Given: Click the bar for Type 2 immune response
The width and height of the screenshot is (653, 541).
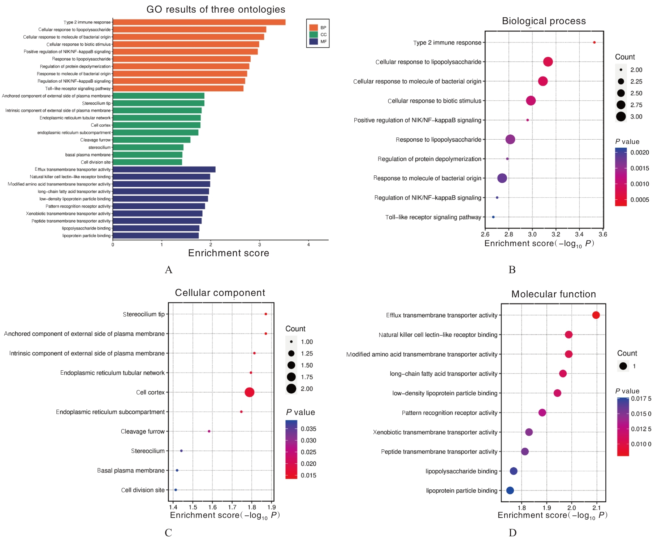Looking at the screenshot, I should click(199, 22).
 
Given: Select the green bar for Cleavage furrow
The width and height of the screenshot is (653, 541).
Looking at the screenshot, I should click(152, 140).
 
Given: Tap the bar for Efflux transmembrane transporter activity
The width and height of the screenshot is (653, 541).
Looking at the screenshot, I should click(164, 170).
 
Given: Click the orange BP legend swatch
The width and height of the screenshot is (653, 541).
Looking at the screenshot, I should click(313, 28).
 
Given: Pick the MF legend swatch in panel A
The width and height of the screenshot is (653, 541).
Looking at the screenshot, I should click(313, 42).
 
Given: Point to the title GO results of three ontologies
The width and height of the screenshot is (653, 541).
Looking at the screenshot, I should click(216, 9).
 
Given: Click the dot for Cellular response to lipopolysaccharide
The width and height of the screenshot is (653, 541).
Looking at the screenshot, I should click(548, 62).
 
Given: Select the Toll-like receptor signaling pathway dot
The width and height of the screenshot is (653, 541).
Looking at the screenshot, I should click(493, 217).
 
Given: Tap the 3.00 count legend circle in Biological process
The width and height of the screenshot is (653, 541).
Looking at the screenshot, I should click(621, 117).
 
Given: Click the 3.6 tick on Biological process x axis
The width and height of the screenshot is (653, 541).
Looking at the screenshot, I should click(603, 234).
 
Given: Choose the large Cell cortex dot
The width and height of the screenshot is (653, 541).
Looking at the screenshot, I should click(249, 392).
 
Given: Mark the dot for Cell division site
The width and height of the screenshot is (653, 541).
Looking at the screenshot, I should click(176, 490).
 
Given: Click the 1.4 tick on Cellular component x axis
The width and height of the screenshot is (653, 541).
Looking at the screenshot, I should click(173, 507).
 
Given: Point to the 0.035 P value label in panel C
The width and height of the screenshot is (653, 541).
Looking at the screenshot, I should click(308, 429).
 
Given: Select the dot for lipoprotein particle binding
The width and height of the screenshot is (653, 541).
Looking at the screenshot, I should click(510, 490).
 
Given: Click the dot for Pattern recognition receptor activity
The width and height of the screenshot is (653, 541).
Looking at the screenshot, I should click(542, 413).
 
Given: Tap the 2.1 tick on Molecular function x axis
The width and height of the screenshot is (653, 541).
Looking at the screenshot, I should click(597, 508).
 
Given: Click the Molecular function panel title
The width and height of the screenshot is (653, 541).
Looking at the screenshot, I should click(553, 294).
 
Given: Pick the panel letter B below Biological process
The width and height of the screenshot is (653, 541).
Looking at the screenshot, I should click(512, 270).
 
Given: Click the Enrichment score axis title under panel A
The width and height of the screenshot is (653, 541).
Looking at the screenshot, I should click(228, 253).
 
